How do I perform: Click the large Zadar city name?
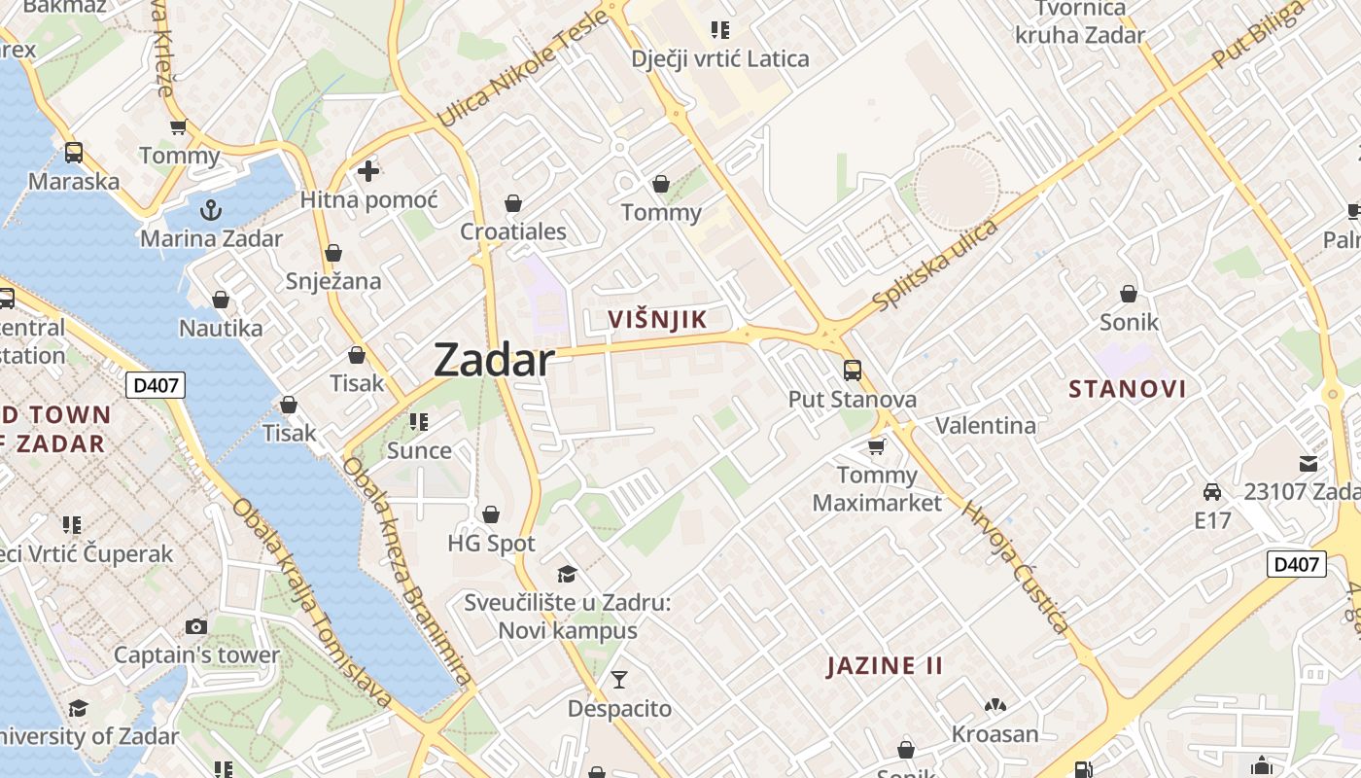494,360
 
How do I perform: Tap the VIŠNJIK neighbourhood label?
656,319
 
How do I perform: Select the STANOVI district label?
1128,389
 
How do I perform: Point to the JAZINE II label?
885,666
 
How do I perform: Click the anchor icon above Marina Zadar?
211,209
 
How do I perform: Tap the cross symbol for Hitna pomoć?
368,171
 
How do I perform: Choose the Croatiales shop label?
513,232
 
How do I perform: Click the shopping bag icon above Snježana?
333,253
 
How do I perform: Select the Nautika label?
221,328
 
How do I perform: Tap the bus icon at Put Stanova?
853,370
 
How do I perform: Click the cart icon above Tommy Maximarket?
877,446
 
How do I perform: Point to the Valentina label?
986,425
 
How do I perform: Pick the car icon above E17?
1212,491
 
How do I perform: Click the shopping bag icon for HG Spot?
491,513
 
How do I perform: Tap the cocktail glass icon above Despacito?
619,679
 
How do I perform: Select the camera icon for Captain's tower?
196,626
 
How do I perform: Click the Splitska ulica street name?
936,265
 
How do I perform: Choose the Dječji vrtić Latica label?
720,58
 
